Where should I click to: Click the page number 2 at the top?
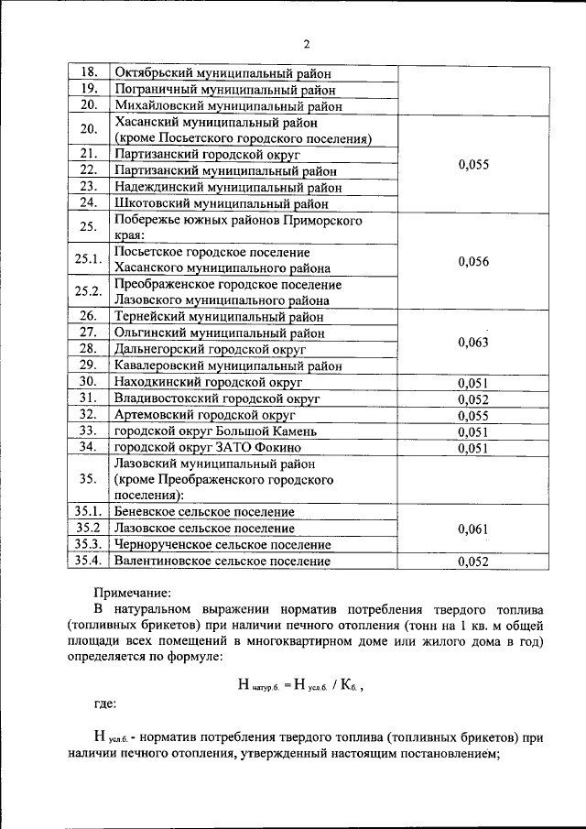(307, 43)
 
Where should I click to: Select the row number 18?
(89, 73)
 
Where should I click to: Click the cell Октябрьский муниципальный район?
(222, 73)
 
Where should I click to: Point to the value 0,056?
(473, 261)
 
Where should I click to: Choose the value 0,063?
(473, 342)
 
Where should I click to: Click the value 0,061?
(473, 529)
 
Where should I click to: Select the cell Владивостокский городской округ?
(216, 398)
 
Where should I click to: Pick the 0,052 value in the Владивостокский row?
(473, 398)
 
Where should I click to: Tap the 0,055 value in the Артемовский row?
(473, 415)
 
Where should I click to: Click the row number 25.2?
(89, 291)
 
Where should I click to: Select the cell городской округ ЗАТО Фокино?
(207, 447)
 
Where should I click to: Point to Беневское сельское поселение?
(203, 512)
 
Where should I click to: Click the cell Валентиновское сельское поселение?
(222, 561)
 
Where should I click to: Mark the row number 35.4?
(89, 561)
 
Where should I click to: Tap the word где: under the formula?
(103, 704)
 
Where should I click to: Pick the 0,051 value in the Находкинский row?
(473, 382)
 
